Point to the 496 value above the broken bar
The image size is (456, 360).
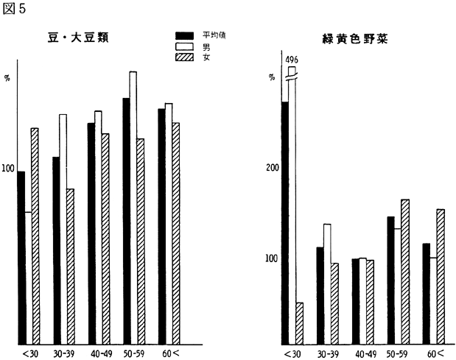[292, 59]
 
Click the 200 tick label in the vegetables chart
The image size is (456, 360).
[273, 167]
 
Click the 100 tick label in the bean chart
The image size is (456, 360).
[9, 169]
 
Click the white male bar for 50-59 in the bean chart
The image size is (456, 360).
[133, 206]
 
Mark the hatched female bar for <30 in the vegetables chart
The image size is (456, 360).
[299, 324]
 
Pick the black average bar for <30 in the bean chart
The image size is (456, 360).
[21, 258]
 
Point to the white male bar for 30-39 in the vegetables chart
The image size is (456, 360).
[328, 283]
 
